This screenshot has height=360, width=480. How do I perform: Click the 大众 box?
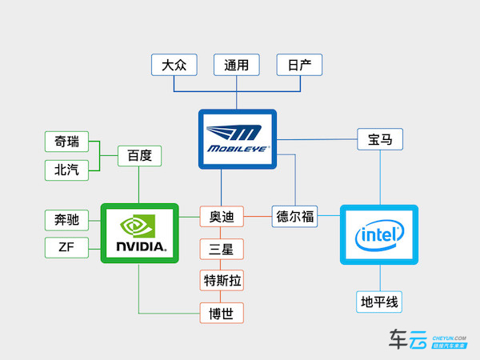pyautogui.click(x=174, y=65)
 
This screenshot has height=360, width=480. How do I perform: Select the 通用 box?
pyautogui.click(x=237, y=65)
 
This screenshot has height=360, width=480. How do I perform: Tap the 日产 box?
pyautogui.click(x=299, y=65)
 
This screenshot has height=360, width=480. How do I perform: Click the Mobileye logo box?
pyautogui.click(x=237, y=139)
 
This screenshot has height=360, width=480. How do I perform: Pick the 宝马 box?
pyautogui.click(x=380, y=139)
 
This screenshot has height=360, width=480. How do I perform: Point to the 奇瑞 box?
pyautogui.click(x=66, y=142)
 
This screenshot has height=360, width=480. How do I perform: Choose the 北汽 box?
pyautogui.click(x=66, y=170)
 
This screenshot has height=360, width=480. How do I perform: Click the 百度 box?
pyautogui.click(x=139, y=155)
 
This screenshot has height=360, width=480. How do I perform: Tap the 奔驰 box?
pyautogui.click(x=66, y=220)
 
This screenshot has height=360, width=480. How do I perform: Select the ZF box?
pyautogui.click(x=66, y=247)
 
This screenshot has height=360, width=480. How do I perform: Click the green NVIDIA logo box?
pyautogui.click(x=139, y=233)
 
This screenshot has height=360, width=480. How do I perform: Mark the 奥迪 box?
pyautogui.click(x=222, y=217)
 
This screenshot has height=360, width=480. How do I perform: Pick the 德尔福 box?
pyautogui.click(x=295, y=217)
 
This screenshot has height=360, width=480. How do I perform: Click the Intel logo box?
pyautogui.click(x=379, y=234)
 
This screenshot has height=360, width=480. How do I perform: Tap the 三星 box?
pyautogui.click(x=222, y=249)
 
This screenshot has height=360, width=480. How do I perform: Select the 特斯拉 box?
pyautogui.click(x=222, y=280)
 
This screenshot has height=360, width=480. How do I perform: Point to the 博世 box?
pyautogui.click(x=222, y=312)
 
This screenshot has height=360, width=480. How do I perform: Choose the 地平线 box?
pyautogui.click(x=380, y=302)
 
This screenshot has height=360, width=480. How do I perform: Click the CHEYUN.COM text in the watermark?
pyautogui.click(x=449, y=337)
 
